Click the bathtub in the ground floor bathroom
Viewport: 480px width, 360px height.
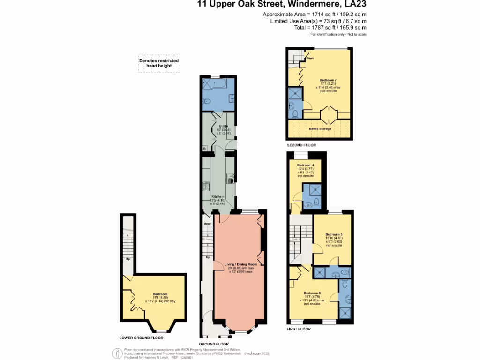(x=214, y=84)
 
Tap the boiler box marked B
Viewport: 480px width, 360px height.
(x=204, y=149)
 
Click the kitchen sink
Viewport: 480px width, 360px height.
(x=230, y=178)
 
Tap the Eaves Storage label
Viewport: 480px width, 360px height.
(x=320, y=128)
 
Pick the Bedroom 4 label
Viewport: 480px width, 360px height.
(x=305, y=165)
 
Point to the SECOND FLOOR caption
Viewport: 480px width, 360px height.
(x=301, y=145)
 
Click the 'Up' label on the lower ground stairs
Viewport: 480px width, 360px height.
(x=127, y=258)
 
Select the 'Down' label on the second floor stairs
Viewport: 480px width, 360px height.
(x=309, y=59)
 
